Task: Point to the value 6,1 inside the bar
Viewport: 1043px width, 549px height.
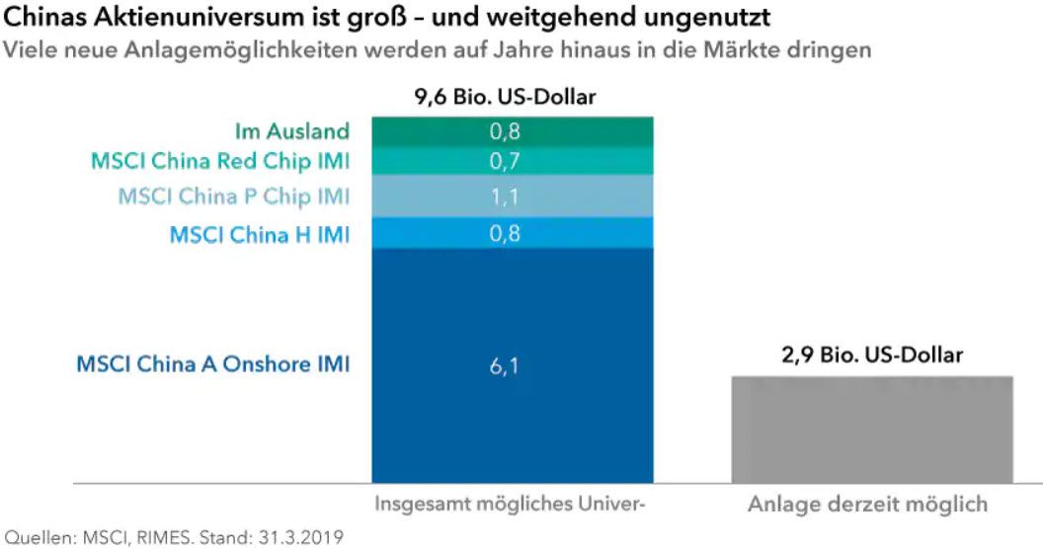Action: point(513,366)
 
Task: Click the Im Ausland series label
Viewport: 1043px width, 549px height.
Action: point(292,130)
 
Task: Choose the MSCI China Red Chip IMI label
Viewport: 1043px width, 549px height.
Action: point(220,160)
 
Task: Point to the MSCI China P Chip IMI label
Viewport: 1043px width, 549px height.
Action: point(234,196)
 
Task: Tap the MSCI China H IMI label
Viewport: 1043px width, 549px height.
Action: point(260,234)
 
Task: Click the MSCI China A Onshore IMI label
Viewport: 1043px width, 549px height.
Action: point(213,365)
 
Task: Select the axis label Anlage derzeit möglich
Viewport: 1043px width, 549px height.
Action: point(867,505)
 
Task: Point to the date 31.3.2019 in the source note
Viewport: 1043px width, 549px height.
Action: point(294,538)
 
